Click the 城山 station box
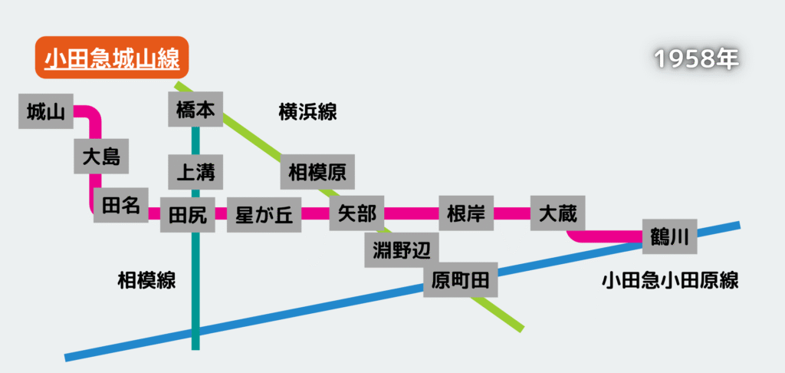coord(46,112)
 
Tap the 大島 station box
coord(101,157)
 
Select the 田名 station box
coord(120,205)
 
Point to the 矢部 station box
coord(356,213)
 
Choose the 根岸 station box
coord(466,213)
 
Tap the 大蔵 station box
coord(557,213)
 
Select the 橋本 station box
coord(195,111)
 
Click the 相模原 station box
coord(317,173)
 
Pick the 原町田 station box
coord(460,280)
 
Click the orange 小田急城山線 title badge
coord(111,58)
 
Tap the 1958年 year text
coord(696,61)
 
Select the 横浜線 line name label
coord(307,112)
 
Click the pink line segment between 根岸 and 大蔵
coord(512,213)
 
